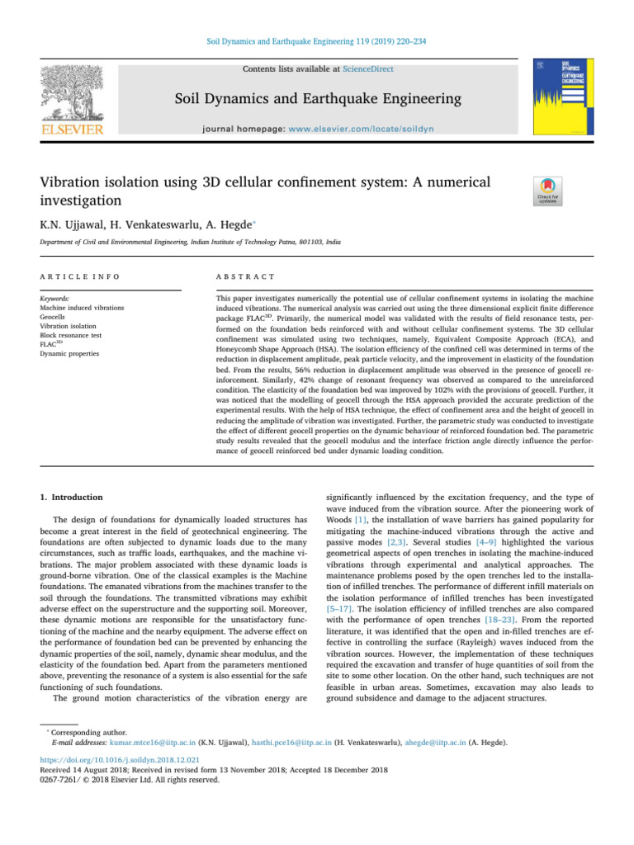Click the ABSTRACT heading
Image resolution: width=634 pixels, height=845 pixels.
coord(238,276)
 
